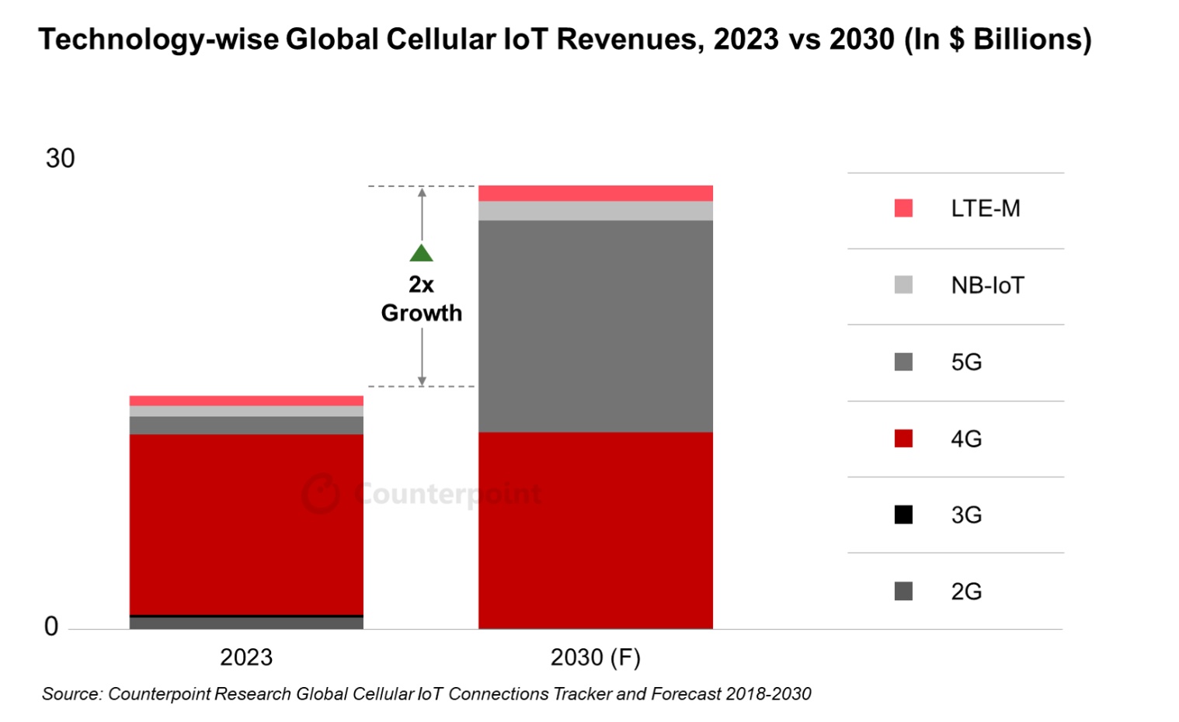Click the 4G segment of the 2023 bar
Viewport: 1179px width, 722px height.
tap(246, 524)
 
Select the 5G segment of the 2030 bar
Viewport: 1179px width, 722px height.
tap(595, 326)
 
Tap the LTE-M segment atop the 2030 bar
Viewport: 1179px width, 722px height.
tap(595, 193)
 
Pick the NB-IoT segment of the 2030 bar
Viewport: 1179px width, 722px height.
tap(595, 211)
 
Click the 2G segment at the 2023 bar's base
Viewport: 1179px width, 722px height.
tap(246, 623)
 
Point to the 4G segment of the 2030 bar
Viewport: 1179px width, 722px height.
tap(595, 530)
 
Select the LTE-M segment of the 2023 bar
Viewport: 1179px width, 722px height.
tap(246, 401)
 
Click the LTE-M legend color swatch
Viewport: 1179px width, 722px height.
tap(903, 208)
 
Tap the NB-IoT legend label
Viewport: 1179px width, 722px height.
tap(987, 286)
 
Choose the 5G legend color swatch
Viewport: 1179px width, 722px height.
tap(903, 362)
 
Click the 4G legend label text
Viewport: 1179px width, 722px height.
tap(966, 439)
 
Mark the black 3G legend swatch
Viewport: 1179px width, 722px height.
tap(903, 515)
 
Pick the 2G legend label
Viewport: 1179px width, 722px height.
tap(966, 592)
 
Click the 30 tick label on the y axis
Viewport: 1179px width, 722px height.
tap(60, 158)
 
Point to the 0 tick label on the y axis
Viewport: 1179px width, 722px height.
tap(51, 627)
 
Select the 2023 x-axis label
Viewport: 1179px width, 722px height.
tap(246, 658)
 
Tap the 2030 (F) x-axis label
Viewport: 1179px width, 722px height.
tap(595, 658)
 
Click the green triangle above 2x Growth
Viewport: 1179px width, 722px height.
tap(422, 253)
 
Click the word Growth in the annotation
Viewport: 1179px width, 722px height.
tap(422, 313)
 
